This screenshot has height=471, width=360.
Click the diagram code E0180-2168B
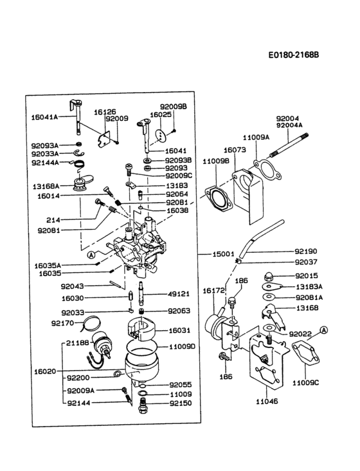click(x=294, y=55)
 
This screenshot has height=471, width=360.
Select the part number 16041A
click(x=44, y=117)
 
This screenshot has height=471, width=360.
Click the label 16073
click(x=235, y=149)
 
